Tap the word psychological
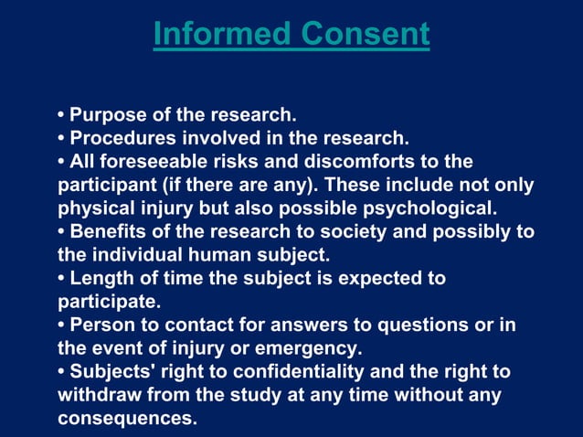435,208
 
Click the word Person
101,325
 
